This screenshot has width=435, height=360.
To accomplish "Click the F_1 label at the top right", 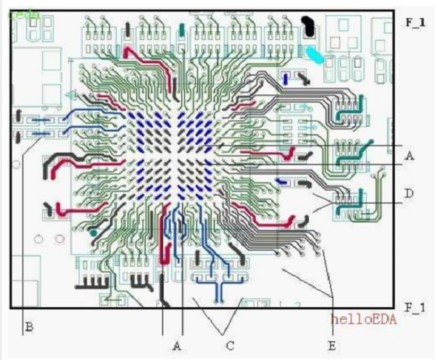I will click(414, 22).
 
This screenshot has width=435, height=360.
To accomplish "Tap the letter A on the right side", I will click(410, 155).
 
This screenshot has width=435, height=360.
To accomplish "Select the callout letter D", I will click(410, 193).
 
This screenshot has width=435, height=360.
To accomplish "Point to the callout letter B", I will click(29, 327).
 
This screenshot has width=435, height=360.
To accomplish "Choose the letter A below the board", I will click(176, 346).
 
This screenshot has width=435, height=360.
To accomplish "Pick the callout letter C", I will click(230, 346).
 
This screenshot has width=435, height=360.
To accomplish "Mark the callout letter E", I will click(331, 346).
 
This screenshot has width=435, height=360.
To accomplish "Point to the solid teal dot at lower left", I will click(94, 233).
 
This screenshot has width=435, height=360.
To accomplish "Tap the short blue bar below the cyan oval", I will click(288, 78).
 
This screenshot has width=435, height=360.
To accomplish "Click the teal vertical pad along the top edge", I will click(181, 30).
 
